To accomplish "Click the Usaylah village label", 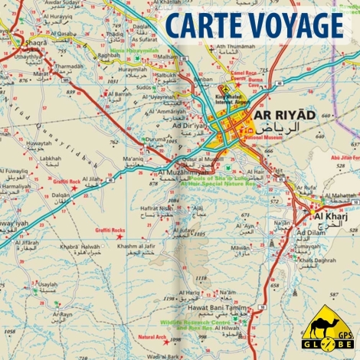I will point(47,284).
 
